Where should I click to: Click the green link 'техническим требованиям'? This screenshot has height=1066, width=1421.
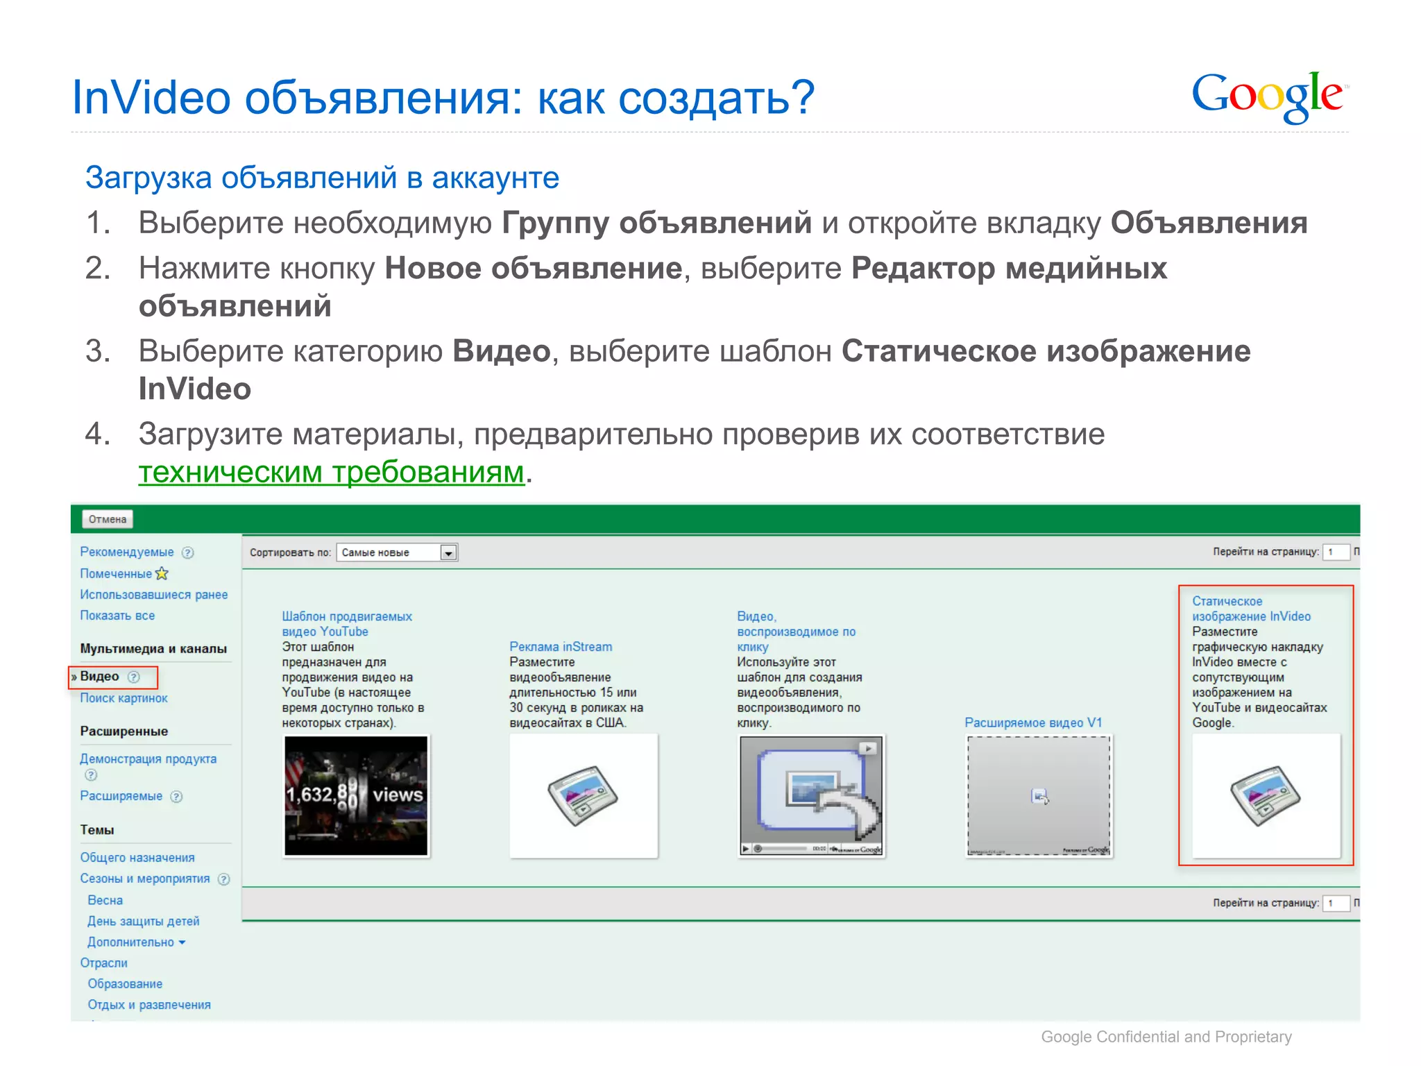(x=331, y=473)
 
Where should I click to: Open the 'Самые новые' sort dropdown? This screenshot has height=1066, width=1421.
(x=449, y=553)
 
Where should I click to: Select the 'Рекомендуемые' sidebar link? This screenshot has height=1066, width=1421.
(x=127, y=552)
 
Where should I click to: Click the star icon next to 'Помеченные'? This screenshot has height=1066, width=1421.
(x=162, y=574)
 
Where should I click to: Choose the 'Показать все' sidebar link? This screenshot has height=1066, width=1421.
(x=117, y=616)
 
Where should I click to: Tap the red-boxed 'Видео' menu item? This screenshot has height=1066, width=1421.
(x=100, y=677)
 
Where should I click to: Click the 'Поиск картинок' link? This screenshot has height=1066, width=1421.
(x=124, y=698)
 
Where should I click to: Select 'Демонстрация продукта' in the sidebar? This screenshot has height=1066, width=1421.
(x=148, y=759)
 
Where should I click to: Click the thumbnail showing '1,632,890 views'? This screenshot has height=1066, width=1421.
(x=357, y=795)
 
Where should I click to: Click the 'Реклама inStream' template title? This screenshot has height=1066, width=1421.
(x=561, y=647)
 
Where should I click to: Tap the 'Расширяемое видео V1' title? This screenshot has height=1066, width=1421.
(x=1033, y=723)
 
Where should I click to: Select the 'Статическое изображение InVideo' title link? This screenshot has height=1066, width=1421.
(x=1251, y=609)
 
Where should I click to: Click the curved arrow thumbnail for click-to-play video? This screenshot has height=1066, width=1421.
(x=811, y=795)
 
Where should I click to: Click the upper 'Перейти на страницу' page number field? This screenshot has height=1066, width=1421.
(x=1335, y=552)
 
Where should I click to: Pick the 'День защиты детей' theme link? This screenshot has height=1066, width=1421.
(x=143, y=922)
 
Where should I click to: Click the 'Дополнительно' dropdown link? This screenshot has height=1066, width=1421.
(x=136, y=942)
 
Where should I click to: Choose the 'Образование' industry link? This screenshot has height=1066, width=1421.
(x=125, y=984)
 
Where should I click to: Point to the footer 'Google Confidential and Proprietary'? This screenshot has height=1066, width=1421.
(x=1166, y=1037)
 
